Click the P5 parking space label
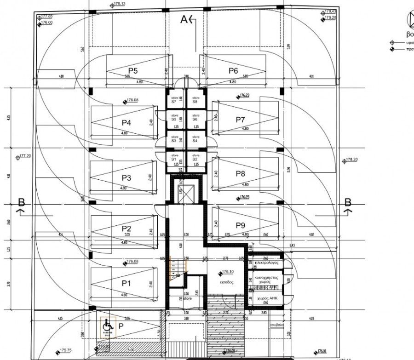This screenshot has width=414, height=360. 133,71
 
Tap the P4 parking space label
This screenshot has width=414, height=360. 126,123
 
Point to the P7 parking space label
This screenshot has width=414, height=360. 241,120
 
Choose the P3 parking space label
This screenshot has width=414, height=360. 126,178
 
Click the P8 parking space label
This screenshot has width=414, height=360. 241,174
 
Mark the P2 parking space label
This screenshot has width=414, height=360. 126,229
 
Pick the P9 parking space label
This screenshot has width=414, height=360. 241,225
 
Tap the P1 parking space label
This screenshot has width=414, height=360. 126,283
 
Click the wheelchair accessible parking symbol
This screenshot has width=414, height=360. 107,326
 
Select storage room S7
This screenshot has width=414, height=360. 174,99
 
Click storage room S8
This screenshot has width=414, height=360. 195,99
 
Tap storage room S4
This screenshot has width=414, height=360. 195,139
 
